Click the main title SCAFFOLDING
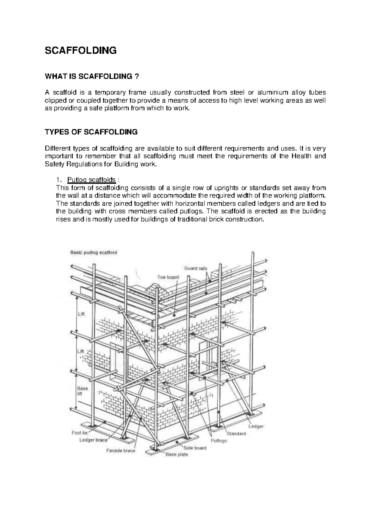coord(81,50)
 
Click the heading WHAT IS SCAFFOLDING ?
coord(91,77)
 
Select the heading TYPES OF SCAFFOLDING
coord(91,132)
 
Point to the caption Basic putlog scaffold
coord(94,252)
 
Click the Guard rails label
coord(196,268)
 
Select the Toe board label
coord(168,277)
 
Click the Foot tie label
coord(80,433)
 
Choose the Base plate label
coord(177,454)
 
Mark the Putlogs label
coord(219,441)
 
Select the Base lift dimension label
coord(82,391)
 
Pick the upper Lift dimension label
coord(81,314)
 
